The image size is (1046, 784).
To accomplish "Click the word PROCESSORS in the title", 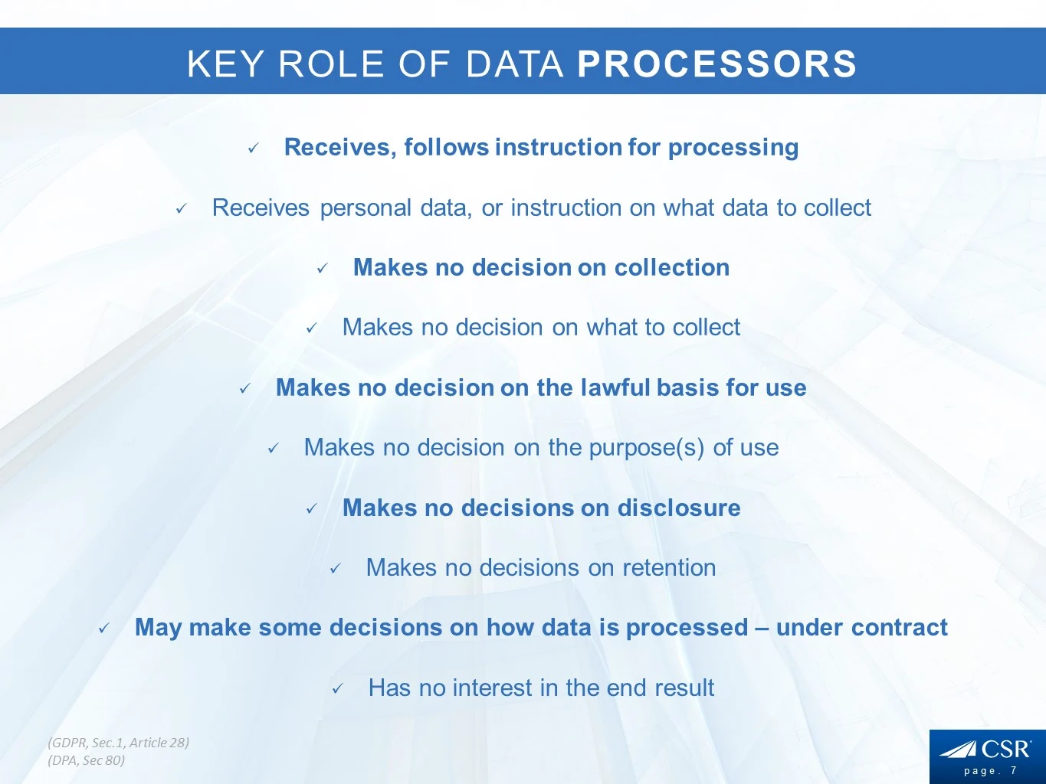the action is click(x=716, y=64).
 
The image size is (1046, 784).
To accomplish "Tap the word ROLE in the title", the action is click(x=331, y=64).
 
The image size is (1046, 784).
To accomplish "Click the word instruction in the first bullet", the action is click(x=559, y=146).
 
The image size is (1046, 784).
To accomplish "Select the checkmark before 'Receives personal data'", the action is click(x=181, y=208).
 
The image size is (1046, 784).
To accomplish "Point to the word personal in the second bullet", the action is click(x=366, y=208).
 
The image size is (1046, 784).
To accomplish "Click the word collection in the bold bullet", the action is click(x=672, y=267).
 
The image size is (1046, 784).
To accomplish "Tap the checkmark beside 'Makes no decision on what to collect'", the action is click(x=311, y=328).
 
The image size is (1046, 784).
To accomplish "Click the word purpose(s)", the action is click(x=647, y=448).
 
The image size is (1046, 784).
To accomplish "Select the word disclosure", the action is click(x=679, y=508).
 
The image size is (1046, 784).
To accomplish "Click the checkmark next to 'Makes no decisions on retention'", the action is click(x=336, y=568).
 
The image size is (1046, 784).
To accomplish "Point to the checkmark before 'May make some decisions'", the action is click(x=104, y=629).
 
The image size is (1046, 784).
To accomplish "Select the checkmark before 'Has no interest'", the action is click(x=337, y=688).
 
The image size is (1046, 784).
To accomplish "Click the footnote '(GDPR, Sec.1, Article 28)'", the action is click(x=119, y=743).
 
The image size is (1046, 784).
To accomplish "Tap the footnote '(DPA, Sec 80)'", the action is click(x=87, y=761).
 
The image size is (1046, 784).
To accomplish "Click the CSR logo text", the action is click(x=1006, y=750).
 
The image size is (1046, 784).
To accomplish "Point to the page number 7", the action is click(x=1014, y=770).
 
